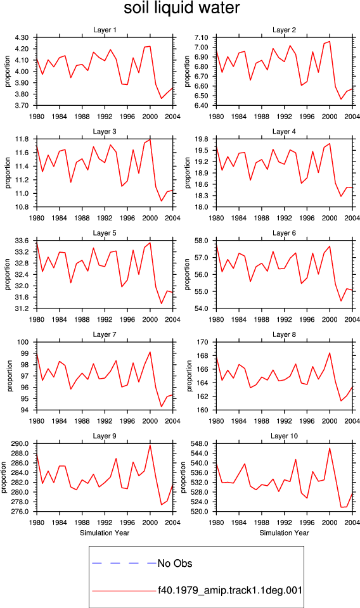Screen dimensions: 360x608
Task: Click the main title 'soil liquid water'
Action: click(x=181, y=8)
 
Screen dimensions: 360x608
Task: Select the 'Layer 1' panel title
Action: click(x=105, y=30)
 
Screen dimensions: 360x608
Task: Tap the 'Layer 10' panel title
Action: click(x=285, y=436)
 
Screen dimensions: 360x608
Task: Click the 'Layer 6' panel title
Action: click(x=285, y=233)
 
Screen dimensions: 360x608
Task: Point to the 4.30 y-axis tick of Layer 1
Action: click(x=22, y=37)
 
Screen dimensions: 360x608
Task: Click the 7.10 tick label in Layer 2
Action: click(x=202, y=37)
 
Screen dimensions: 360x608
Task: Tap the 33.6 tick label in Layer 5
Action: click(x=22, y=241)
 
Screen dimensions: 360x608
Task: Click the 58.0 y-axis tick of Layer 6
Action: click(x=202, y=241)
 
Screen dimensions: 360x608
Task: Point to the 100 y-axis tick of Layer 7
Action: click(x=23, y=343)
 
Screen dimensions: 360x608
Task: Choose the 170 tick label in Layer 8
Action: click(x=203, y=343)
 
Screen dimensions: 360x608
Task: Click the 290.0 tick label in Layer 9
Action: click(x=20, y=444)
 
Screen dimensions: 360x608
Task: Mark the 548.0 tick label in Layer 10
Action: click(x=200, y=444)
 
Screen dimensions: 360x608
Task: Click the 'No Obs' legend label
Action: click(x=175, y=564)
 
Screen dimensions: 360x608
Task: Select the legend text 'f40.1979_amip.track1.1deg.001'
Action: click(x=229, y=590)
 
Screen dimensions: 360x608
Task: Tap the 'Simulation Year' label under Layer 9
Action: click(x=105, y=533)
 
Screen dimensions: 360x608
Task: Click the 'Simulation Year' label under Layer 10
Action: click(x=285, y=533)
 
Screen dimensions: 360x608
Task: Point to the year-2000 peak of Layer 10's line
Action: click(x=330, y=448)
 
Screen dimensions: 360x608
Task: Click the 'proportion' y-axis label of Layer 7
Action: click(x=10, y=376)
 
